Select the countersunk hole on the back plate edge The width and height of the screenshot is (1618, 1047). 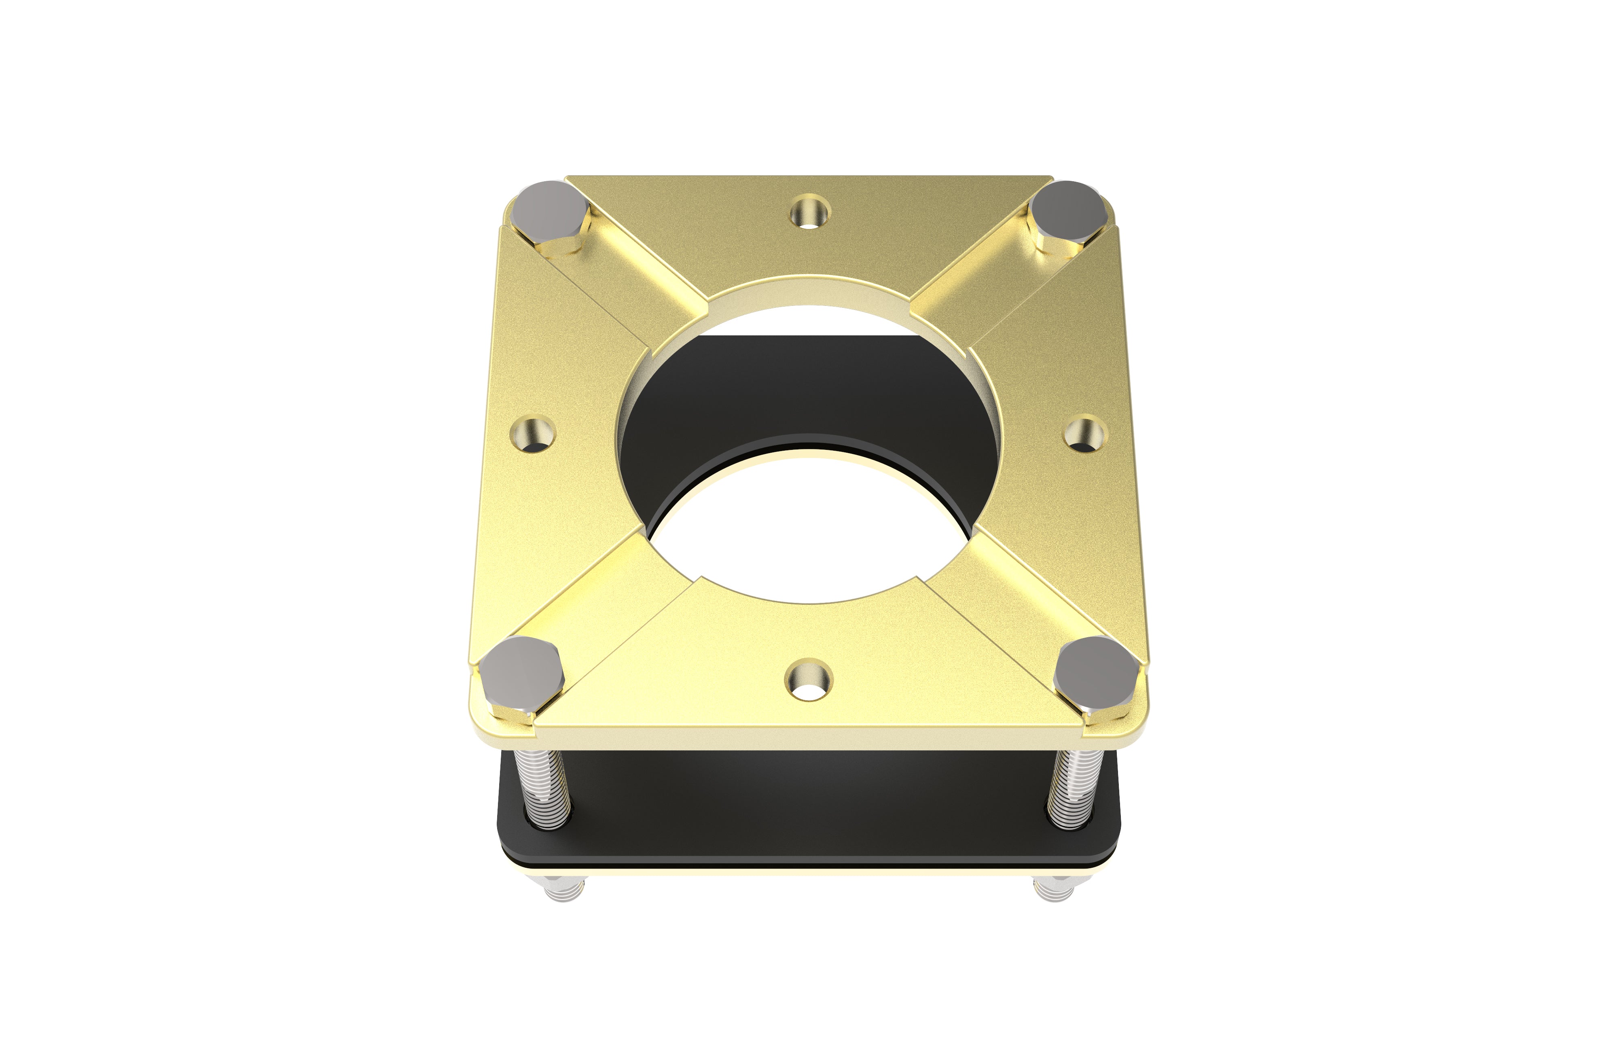click(x=810, y=212)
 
